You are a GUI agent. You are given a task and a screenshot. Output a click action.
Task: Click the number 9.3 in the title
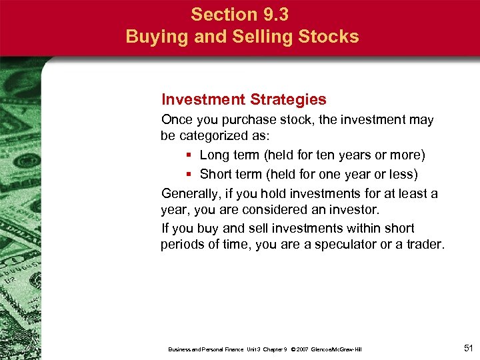click(275, 14)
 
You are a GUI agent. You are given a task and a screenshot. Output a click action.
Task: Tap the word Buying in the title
click(155, 37)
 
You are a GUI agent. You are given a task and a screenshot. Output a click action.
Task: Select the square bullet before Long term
click(189, 155)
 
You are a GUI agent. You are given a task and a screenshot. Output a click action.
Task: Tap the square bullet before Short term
click(189, 174)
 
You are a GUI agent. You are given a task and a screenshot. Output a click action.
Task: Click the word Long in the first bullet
click(214, 155)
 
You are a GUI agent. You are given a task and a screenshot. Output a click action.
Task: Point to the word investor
click(353, 210)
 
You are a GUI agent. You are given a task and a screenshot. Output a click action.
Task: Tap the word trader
click(424, 245)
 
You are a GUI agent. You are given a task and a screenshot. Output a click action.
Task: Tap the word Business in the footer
click(180, 349)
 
